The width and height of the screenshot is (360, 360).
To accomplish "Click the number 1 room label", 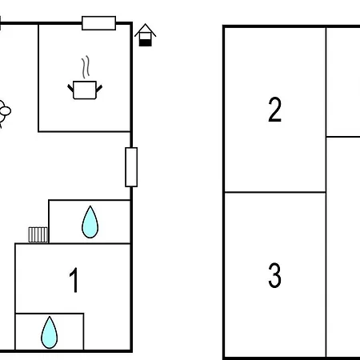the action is click(74, 280).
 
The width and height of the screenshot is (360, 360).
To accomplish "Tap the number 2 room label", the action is click(274, 110).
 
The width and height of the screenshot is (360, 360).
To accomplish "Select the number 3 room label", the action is click(274, 275).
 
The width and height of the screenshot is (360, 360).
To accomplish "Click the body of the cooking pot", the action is click(85, 90).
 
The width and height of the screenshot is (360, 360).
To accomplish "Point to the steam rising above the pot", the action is click(86, 67).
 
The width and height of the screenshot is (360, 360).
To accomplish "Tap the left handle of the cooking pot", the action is click(70, 88).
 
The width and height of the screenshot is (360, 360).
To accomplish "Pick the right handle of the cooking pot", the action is click(99, 88).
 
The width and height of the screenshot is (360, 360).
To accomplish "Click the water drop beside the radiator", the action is click(90, 222).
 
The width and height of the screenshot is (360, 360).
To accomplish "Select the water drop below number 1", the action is click(50, 333).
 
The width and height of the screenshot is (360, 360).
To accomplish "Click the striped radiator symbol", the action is click(38, 234).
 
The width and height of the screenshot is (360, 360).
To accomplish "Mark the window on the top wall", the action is click(98, 23).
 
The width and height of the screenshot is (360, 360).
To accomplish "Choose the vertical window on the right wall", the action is click(131, 167).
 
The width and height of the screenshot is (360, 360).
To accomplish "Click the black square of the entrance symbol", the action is click(146, 42).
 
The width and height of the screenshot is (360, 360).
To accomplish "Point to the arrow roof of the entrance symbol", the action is click(146, 30).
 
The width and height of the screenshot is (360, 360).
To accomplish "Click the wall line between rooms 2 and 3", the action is click(275, 192).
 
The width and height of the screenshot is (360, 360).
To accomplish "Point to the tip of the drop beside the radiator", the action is click(90, 206).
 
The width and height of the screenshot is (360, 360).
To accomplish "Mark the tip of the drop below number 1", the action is click(50, 317).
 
